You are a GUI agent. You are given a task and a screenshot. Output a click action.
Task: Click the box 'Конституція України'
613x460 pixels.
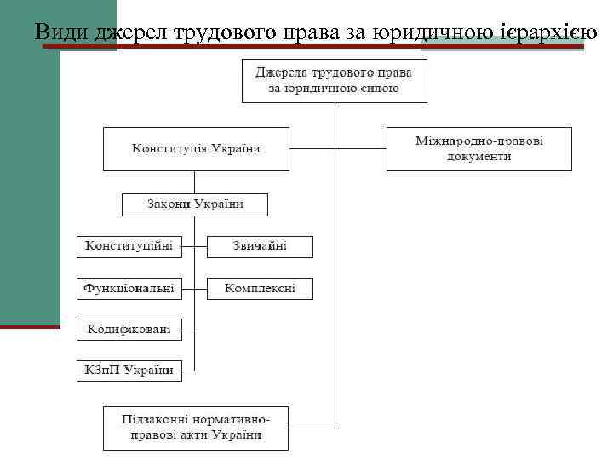(x=196, y=149)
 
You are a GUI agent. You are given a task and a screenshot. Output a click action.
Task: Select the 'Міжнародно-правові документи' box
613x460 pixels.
(x=478, y=149)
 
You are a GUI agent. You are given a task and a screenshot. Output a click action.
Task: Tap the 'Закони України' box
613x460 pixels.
(x=195, y=204)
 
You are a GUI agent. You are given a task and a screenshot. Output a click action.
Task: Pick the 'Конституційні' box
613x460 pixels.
(x=129, y=247)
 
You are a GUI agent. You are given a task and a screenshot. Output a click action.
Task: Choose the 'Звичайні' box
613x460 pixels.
(x=260, y=247)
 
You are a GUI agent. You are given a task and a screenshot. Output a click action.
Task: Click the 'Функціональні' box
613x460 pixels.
(x=129, y=289)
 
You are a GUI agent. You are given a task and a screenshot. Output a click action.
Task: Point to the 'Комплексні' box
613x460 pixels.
(x=260, y=289)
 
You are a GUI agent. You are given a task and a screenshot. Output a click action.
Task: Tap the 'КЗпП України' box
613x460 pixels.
(x=129, y=370)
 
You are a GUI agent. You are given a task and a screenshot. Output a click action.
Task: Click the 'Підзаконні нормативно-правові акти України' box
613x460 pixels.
(x=196, y=428)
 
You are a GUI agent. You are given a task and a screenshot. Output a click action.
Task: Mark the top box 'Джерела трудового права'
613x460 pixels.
(x=335, y=81)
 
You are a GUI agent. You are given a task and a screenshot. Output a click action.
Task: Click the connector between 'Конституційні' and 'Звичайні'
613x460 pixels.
(x=195, y=247)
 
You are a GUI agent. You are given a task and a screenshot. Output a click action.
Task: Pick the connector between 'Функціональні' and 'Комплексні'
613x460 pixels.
(x=195, y=289)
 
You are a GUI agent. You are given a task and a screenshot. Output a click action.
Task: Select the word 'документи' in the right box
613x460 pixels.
(x=478, y=157)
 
